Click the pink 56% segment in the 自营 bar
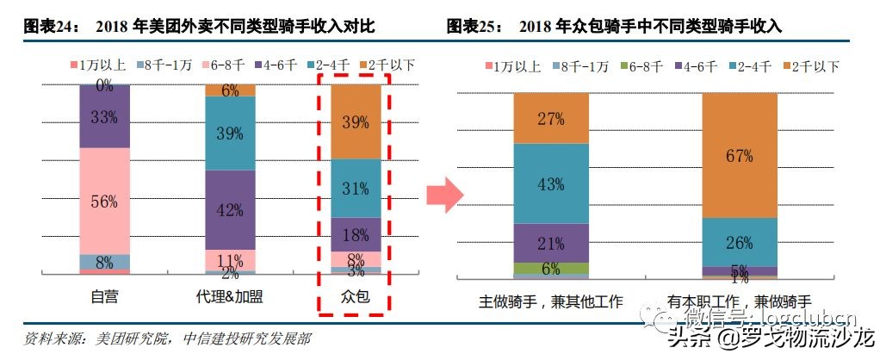pos(105,201)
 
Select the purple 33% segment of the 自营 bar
pos(105,117)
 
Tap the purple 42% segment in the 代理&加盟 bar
pos(230,209)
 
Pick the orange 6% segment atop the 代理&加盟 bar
pos(230,90)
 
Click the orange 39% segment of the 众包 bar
pos(356,121)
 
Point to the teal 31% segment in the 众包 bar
pos(356,188)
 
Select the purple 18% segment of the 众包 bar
pos(356,234)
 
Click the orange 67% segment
pos(739,155)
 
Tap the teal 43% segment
pos(551,183)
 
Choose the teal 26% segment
pos(739,242)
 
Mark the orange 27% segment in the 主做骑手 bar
pos(551,118)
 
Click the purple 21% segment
pos(551,243)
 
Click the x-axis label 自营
pos(105,298)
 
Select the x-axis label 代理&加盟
pos(230,298)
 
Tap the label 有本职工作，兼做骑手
pos(739,301)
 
